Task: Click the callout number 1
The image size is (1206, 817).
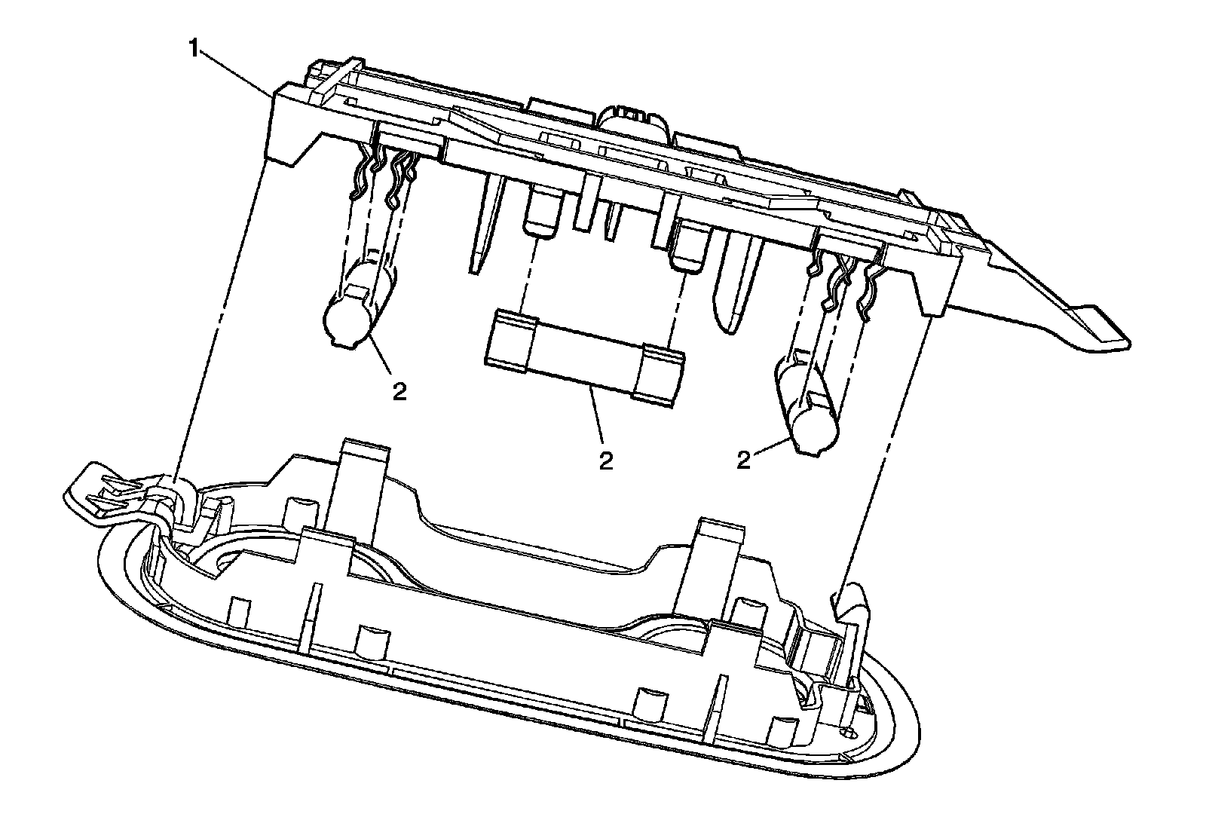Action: (194, 50)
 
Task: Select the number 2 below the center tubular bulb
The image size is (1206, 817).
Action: (606, 459)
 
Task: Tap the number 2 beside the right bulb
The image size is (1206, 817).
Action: (744, 461)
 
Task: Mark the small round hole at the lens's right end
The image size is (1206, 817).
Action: (846, 732)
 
